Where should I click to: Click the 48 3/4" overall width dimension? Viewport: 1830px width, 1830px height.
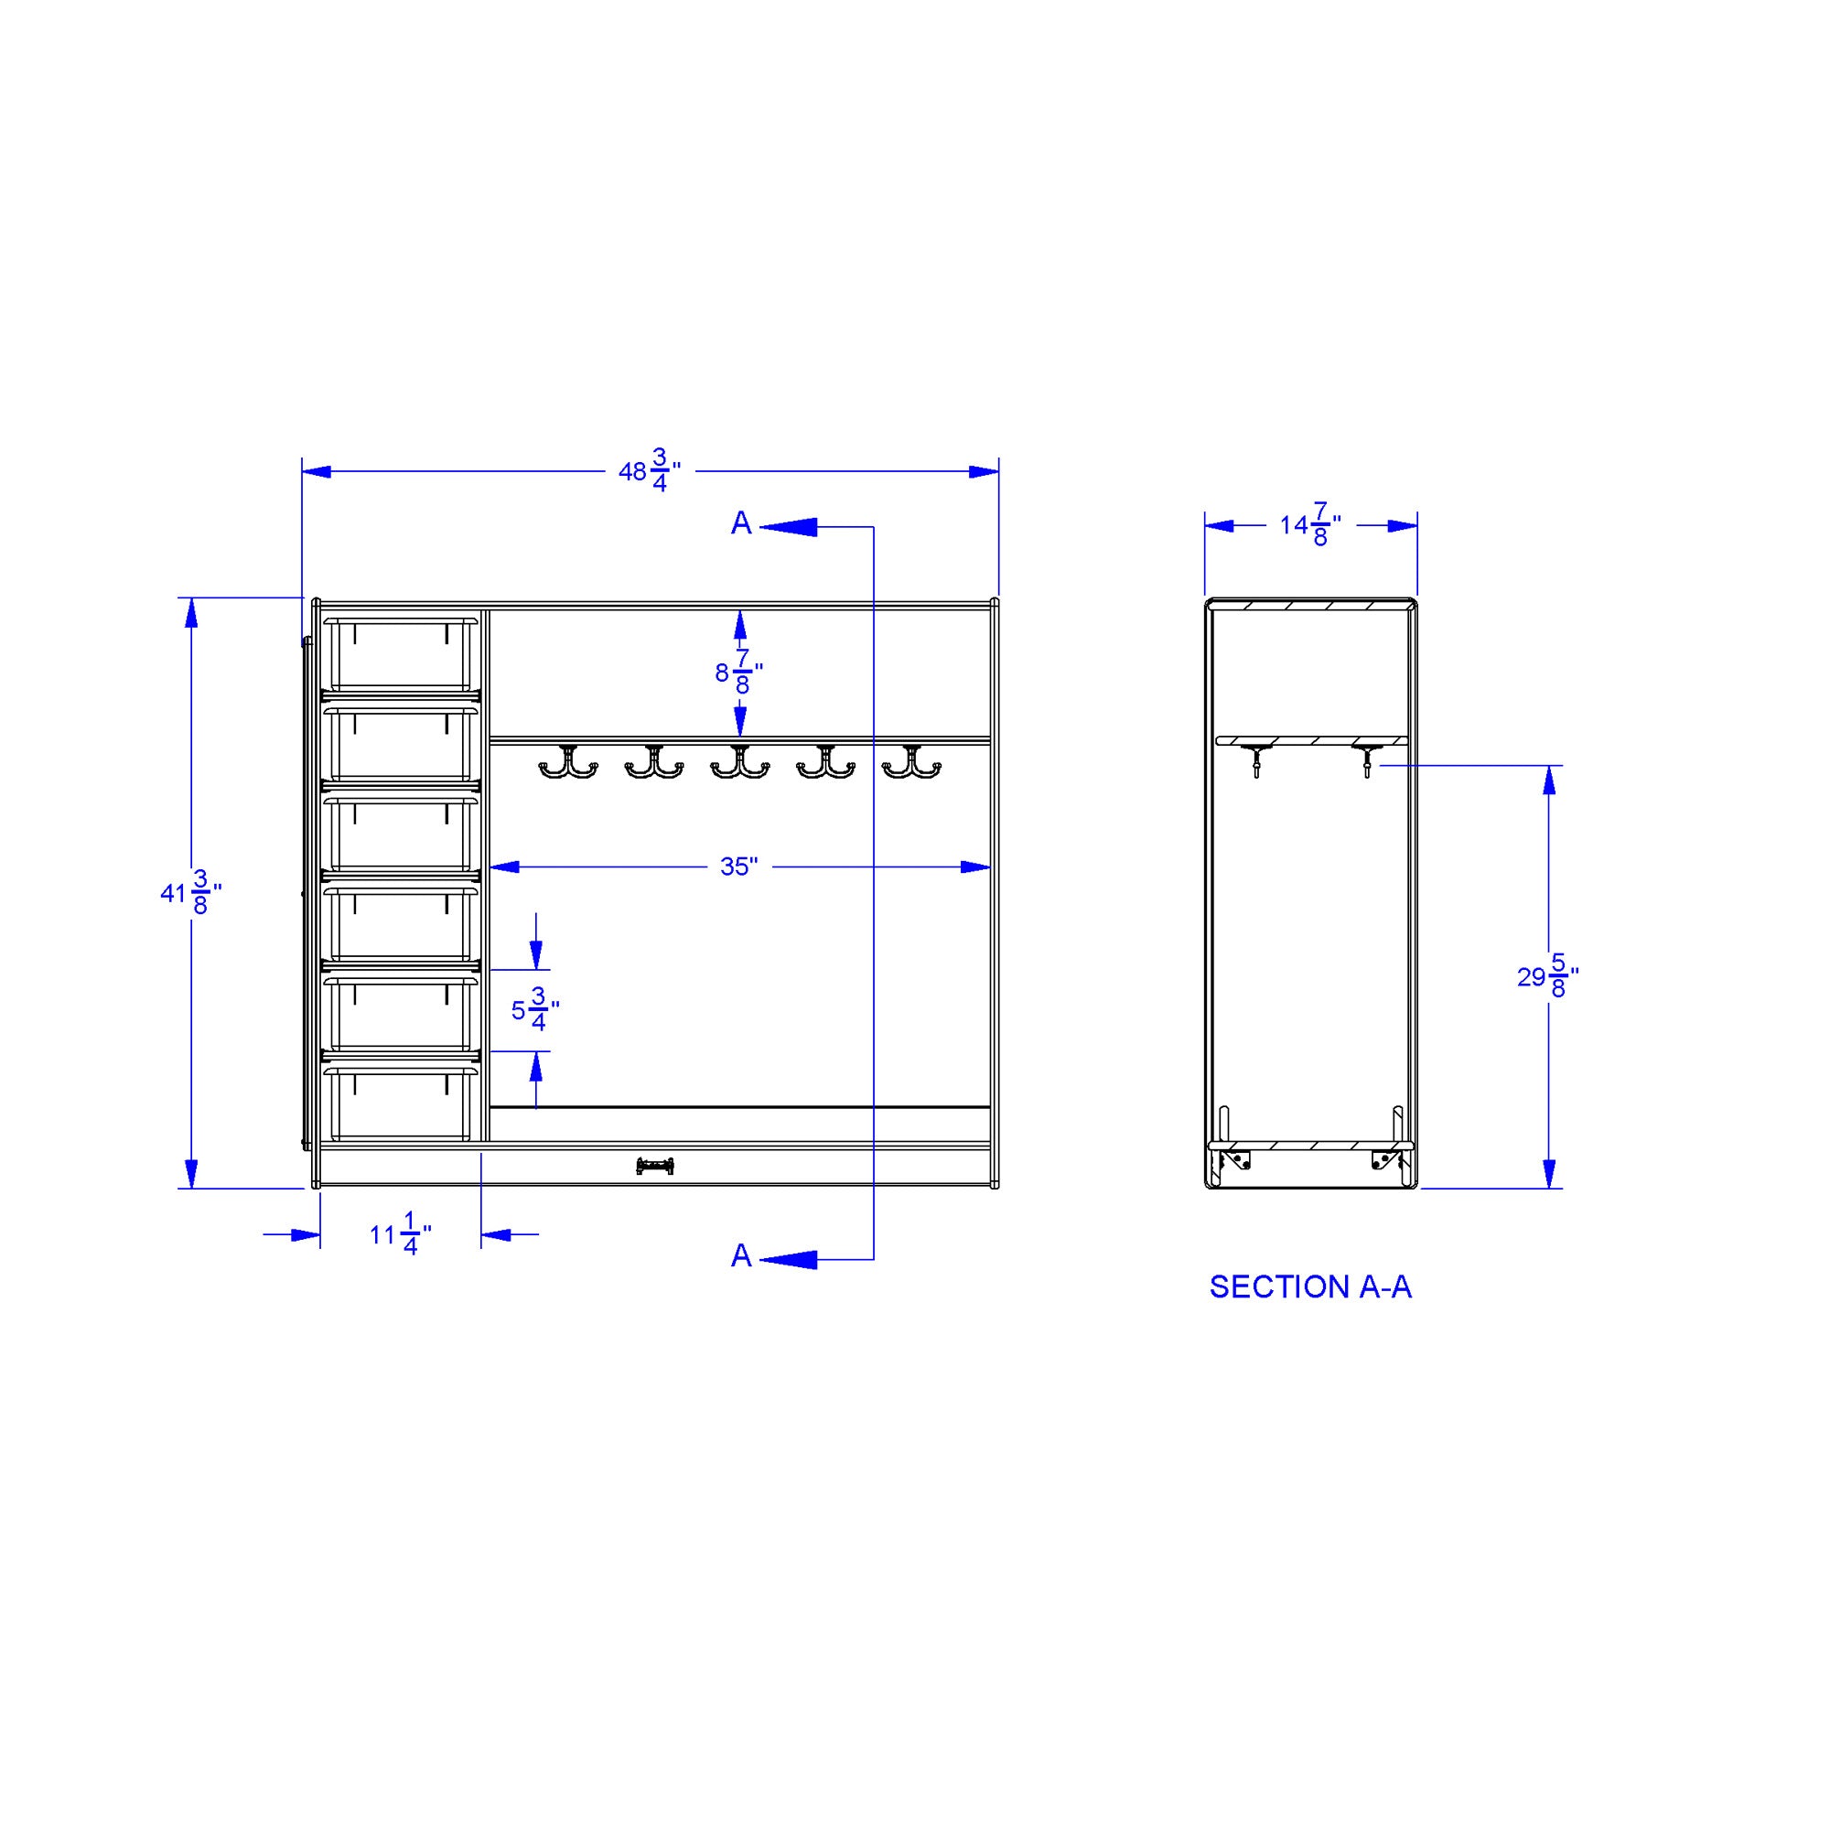click(x=650, y=470)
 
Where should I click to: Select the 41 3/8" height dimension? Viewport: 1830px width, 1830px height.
click(x=191, y=893)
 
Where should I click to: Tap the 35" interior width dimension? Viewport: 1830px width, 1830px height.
click(x=738, y=867)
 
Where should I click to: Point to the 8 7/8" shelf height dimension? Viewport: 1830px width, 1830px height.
click(x=738, y=673)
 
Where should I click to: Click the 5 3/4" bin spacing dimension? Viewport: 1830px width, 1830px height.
click(x=535, y=1010)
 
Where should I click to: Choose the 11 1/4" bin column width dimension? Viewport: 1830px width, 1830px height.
click(x=401, y=1234)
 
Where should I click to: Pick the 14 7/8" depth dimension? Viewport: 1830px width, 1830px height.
click(x=1311, y=524)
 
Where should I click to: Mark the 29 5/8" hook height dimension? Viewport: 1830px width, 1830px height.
click(x=1549, y=976)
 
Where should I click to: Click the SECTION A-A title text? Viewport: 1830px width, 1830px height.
click(x=1310, y=1286)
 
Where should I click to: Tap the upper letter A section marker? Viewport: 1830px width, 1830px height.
click(x=741, y=522)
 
